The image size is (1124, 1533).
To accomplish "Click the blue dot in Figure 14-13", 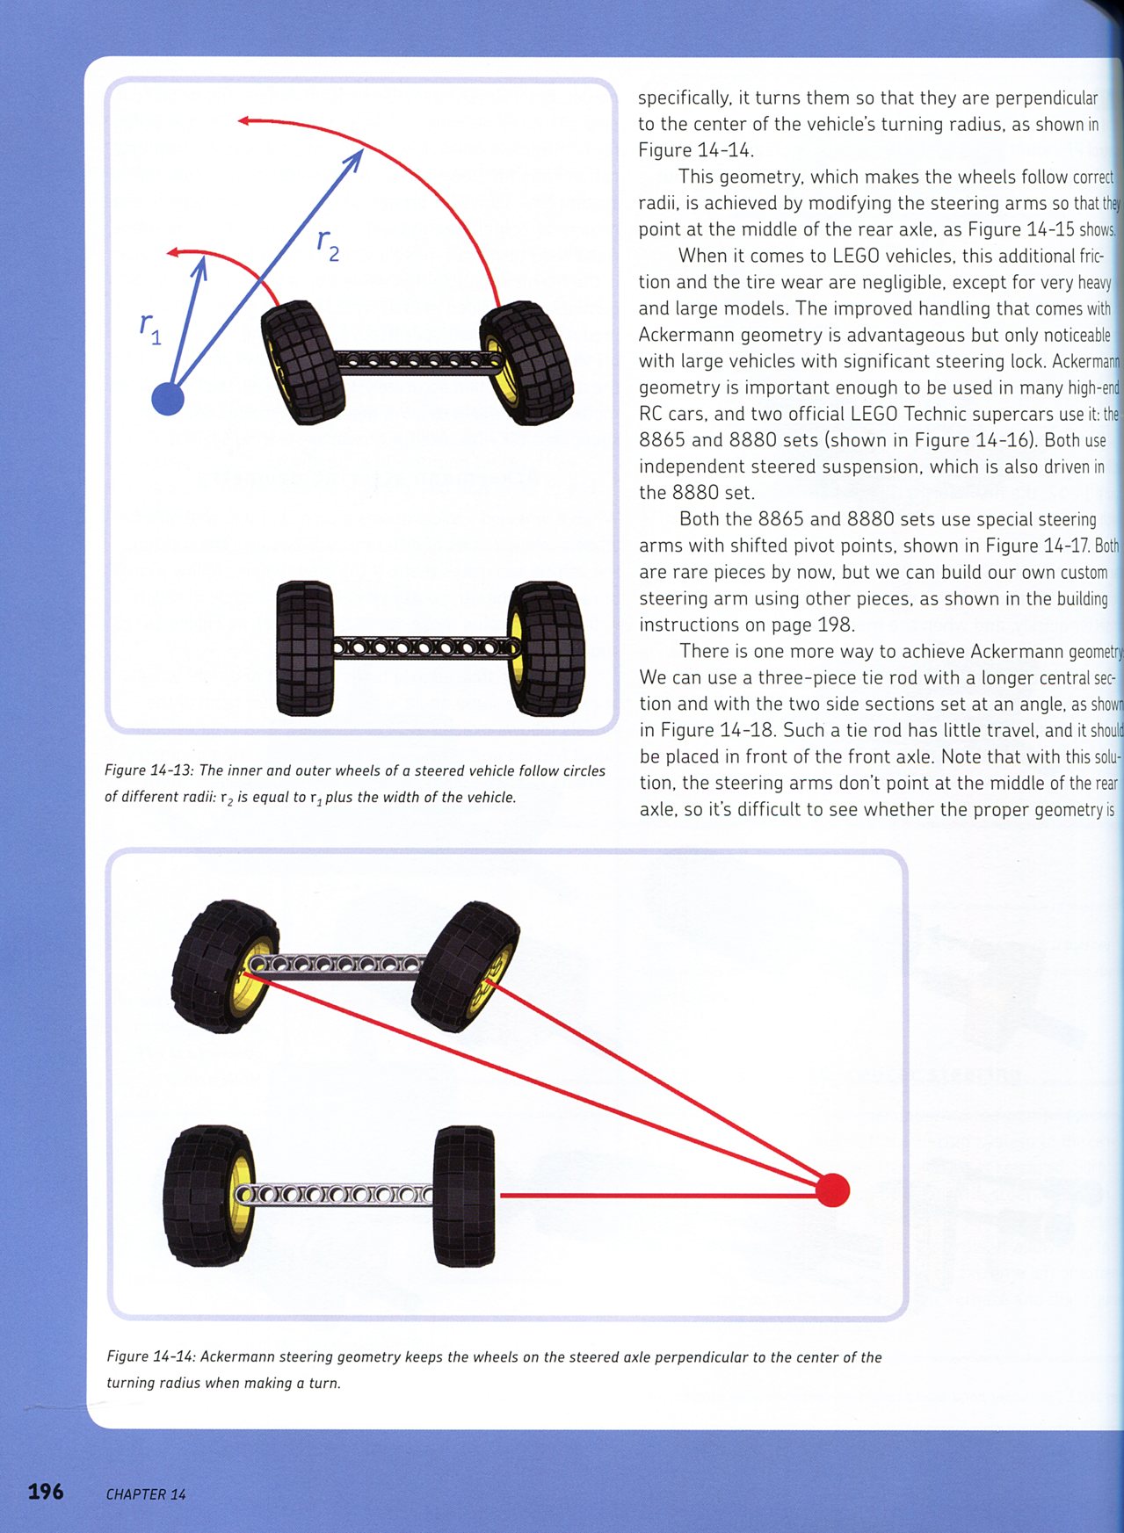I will tap(168, 398).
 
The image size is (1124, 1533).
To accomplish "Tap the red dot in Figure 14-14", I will tap(832, 1190).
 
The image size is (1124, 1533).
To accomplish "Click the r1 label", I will tap(150, 329).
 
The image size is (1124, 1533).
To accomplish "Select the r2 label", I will tap(328, 245).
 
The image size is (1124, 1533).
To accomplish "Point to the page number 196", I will tap(46, 1491).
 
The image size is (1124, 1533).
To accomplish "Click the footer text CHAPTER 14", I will tap(146, 1494).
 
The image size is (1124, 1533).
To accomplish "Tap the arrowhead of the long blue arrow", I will tap(356, 157).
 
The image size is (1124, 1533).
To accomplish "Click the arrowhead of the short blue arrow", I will tap(201, 263).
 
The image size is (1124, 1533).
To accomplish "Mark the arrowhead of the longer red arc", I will tap(243, 119).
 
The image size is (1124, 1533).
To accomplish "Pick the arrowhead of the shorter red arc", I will tap(171, 253).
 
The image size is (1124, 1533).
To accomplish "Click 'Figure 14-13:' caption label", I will tap(149, 770).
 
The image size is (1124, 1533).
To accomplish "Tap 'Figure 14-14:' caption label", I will tap(151, 1356).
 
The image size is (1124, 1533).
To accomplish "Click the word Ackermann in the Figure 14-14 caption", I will tap(237, 1356).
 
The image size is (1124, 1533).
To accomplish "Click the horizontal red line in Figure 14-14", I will tap(659, 1196).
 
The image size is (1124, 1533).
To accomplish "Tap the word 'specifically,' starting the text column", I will tap(685, 98).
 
